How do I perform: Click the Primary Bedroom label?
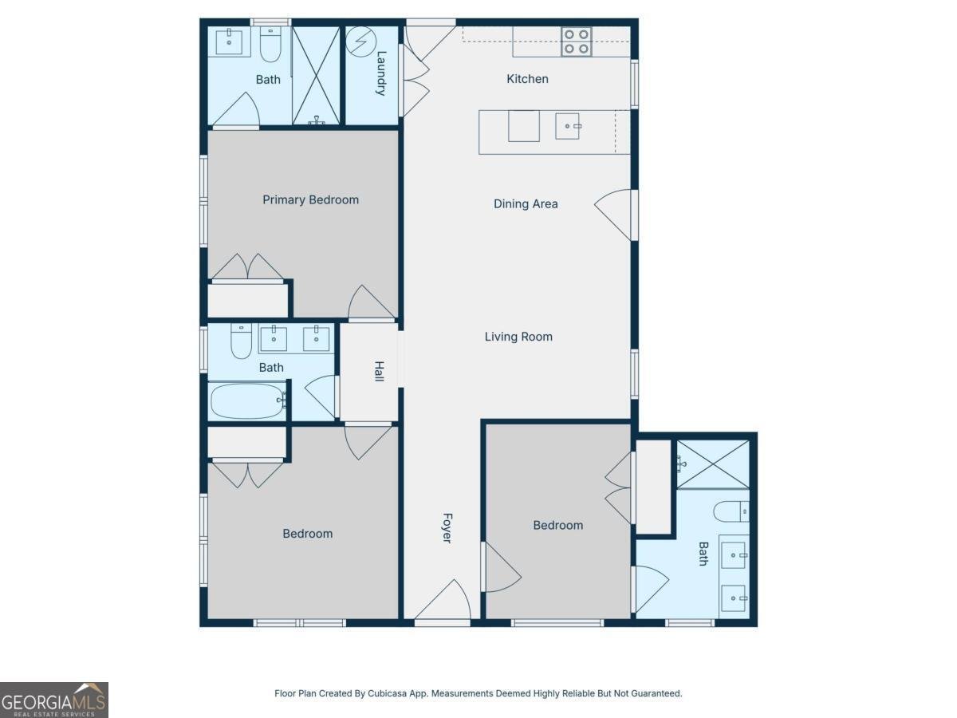point(310,199)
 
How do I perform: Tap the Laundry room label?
point(381,73)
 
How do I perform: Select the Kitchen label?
point(527,79)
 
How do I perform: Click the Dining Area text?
point(526,203)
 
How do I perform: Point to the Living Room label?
point(518,337)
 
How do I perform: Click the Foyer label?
point(447,528)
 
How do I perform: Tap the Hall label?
point(380,371)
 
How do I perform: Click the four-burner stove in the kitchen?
point(576,41)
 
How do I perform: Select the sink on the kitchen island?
point(568,126)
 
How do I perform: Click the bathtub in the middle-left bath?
point(248,401)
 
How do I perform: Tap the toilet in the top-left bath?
point(270,45)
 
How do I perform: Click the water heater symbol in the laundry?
point(359,39)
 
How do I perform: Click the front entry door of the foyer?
point(443,603)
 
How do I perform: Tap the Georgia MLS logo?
point(53,700)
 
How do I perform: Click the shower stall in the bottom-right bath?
point(712,464)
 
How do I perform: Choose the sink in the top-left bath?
point(230,41)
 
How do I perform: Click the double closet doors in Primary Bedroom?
point(247,268)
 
